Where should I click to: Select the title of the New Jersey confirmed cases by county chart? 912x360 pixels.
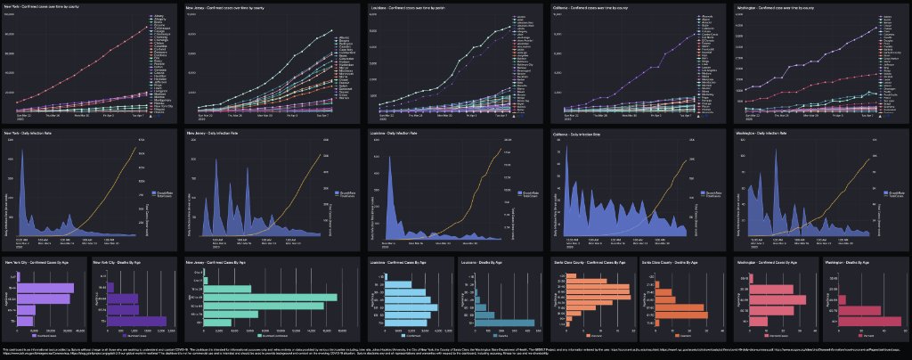coord(226,8)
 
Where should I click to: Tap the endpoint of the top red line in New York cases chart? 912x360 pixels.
coord(148,26)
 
